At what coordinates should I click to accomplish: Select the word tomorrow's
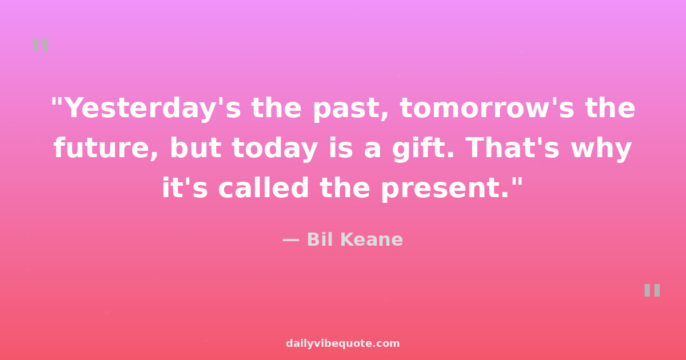point(487,109)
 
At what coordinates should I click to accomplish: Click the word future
point(106,147)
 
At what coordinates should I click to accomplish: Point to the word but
point(196,147)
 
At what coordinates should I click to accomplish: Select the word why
point(601,149)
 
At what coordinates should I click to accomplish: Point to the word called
point(264,187)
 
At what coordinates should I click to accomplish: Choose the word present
point(445,189)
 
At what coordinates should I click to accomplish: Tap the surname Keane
point(372,239)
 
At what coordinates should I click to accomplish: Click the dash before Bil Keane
point(291,241)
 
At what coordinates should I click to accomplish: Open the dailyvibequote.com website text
point(342,343)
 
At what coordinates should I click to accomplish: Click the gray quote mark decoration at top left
point(41,45)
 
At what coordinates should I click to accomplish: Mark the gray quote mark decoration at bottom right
point(652,290)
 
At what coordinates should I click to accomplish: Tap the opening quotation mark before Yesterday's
point(58,102)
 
